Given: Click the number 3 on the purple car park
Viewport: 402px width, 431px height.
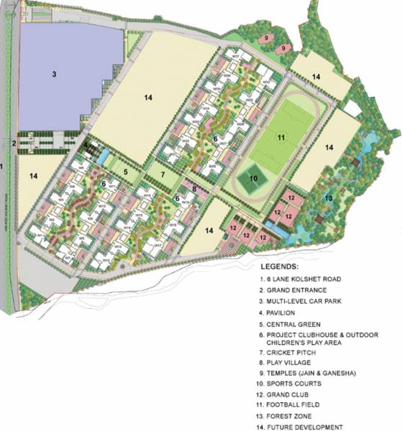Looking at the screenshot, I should pyautogui.click(x=54, y=73).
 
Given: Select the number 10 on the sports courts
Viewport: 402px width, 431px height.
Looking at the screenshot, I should pyautogui.click(x=253, y=178).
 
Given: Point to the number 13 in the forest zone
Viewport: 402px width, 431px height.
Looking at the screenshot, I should pyautogui.click(x=328, y=198).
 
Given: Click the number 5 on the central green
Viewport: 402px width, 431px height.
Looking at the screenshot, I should pyautogui.click(x=124, y=172).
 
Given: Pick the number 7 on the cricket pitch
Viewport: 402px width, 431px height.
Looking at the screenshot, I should pyautogui.click(x=163, y=174).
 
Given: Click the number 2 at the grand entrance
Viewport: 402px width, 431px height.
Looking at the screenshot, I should pyautogui.click(x=13, y=143).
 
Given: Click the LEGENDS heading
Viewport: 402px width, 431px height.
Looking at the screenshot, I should pyautogui.click(x=285, y=264).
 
